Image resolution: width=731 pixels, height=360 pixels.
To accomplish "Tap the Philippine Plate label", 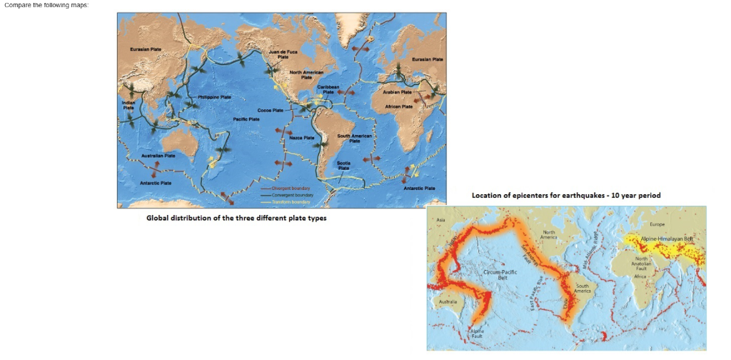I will [214, 96].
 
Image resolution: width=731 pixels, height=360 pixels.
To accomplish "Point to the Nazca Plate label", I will [302, 137].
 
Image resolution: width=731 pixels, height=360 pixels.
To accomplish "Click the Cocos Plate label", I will [271, 111].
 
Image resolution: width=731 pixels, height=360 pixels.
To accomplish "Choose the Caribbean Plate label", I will [328, 89].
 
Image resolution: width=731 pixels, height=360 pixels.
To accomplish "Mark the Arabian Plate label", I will [397, 92].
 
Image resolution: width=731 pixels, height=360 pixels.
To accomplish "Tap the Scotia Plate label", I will [343, 165].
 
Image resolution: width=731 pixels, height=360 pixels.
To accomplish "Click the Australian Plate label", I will [158, 155].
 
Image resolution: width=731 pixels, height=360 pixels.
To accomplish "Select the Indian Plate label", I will [128, 104].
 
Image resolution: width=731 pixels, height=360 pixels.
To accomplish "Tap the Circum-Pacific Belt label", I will [495, 275].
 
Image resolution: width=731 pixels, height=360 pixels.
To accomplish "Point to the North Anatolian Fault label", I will [641, 263].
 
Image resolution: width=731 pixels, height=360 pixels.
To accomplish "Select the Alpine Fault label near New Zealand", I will [478, 334].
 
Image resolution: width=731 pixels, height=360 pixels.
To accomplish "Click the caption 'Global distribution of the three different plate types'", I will [236, 218].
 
